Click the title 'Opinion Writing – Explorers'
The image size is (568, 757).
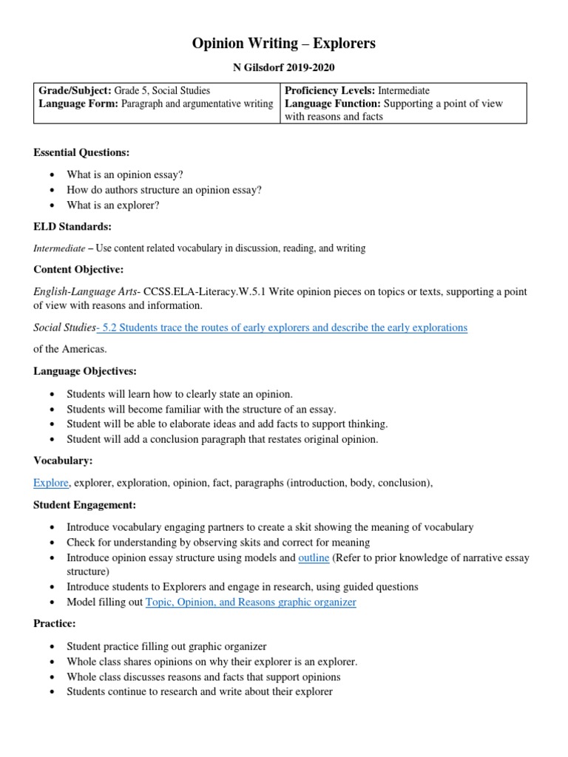coord(284,44)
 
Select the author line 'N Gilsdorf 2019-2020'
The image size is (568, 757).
coord(284,68)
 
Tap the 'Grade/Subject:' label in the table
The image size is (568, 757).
coord(75,91)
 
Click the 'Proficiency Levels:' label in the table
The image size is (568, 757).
coord(330,91)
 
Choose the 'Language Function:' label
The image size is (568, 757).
coord(332,103)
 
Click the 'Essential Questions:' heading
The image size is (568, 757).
coord(81,152)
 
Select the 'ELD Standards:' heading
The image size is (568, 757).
coord(72,226)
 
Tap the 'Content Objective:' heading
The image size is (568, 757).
coord(78,269)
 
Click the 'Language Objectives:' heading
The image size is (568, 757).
coord(85,370)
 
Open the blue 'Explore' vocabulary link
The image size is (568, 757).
coord(51,483)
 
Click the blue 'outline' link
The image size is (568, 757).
coord(314,558)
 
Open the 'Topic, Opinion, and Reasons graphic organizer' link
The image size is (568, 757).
coord(251,602)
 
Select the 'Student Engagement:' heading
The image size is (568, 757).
coord(86,505)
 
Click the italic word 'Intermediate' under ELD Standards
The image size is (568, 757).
coord(59,248)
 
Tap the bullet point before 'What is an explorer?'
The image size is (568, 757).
coord(51,206)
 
